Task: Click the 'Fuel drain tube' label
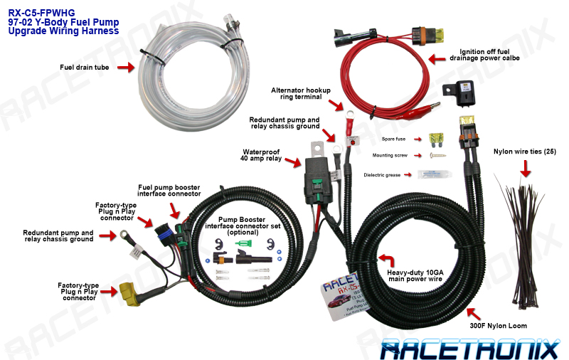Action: pyautogui.click(x=84, y=68)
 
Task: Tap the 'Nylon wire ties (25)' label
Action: pyautogui.click(x=525, y=152)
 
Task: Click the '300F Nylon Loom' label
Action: pyautogui.click(x=499, y=326)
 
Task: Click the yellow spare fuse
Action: pyautogui.click(x=439, y=139)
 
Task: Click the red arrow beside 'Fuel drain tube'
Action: pyautogui.click(x=124, y=68)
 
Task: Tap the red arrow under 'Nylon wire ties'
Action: pyautogui.click(x=526, y=168)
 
